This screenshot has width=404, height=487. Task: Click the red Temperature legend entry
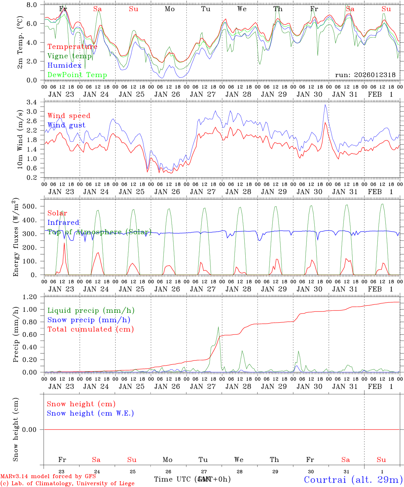pyautogui.click(x=72, y=47)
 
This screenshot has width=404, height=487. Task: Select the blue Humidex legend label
pyautogui.click(x=64, y=66)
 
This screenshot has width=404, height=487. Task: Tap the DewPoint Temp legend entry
pyautogui.click(x=77, y=75)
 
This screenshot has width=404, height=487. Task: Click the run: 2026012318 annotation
pyautogui.click(x=365, y=75)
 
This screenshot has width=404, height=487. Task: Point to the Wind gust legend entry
pyautogui.click(x=66, y=125)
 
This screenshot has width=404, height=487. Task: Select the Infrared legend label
pyautogui.click(x=63, y=223)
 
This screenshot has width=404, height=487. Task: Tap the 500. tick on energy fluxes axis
pyautogui.click(x=34, y=206)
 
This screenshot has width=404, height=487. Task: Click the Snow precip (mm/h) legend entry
pyautogui.click(x=89, y=320)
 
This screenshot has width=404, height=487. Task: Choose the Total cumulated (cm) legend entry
pyautogui.click(x=90, y=329)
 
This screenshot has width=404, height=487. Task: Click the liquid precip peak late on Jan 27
pyautogui.click(x=218, y=327)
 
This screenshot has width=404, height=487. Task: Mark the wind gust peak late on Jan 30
pyautogui.click(x=325, y=105)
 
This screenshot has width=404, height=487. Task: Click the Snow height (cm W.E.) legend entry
pyautogui.click(x=90, y=413)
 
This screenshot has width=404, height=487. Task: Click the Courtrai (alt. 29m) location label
pyautogui.click(x=353, y=480)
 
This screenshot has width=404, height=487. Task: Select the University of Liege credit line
pyautogui.click(x=67, y=484)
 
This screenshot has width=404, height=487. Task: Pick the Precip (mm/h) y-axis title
pyautogui.click(x=16, y=335)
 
